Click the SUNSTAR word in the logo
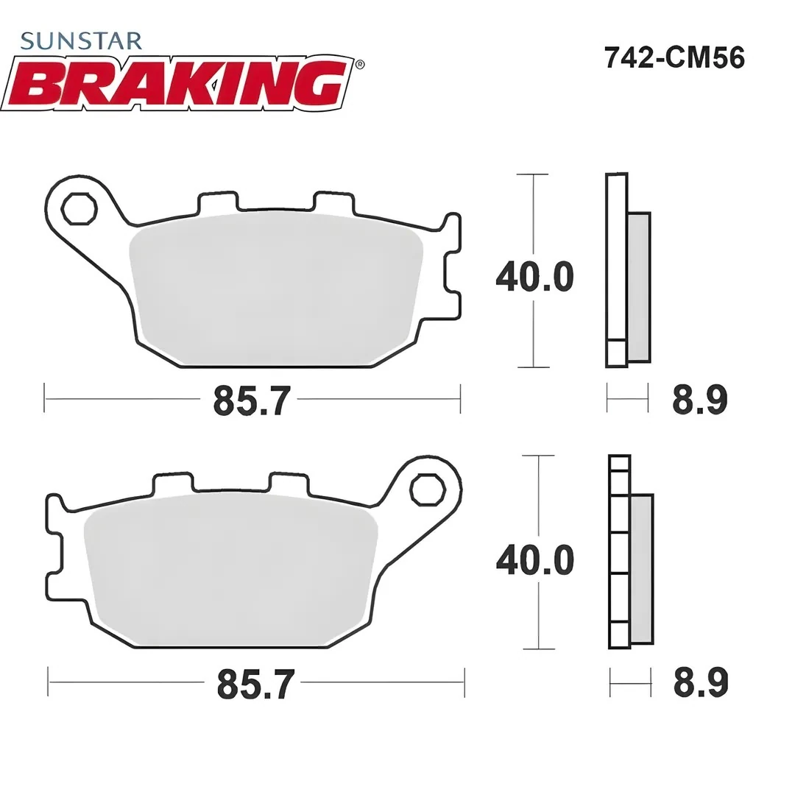click(x=81, y=40)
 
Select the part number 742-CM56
click(x=674, y=57)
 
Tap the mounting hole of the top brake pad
click(x=79, y=209)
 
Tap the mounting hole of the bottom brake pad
click(x=427, y=490)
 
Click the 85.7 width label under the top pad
click(x=248, y=401)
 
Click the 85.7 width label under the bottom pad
click(x=252, y=684)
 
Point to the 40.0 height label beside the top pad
click(x=534, y=277)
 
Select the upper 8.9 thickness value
click(x=699, y=400)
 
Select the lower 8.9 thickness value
click(x=700, y=682)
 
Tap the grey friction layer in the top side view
click(x=639, y=287)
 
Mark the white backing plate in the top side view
click(x=616, y=258)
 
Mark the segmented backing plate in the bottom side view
click(x=620, y=552)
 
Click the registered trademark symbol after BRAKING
click(x=358, y=65)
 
